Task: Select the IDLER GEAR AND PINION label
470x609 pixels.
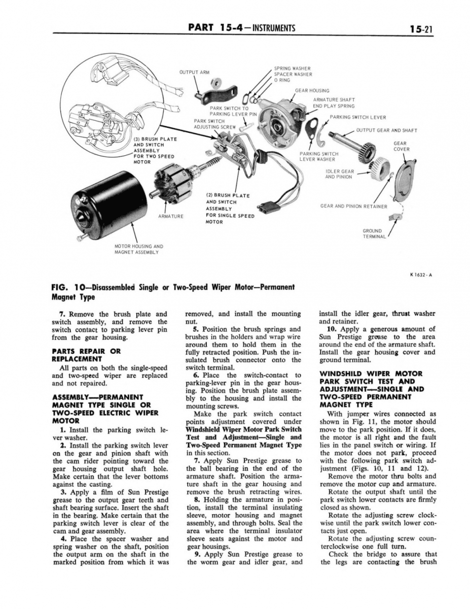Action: coord(339,174)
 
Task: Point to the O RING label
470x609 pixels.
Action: coord(283,80)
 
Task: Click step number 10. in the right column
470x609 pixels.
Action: coord(325,329)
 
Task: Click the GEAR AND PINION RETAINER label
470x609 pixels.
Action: coord(353,207)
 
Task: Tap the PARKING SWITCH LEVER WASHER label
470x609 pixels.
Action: coord(319,156)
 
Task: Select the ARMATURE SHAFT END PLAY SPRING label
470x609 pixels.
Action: coord(334,103)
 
